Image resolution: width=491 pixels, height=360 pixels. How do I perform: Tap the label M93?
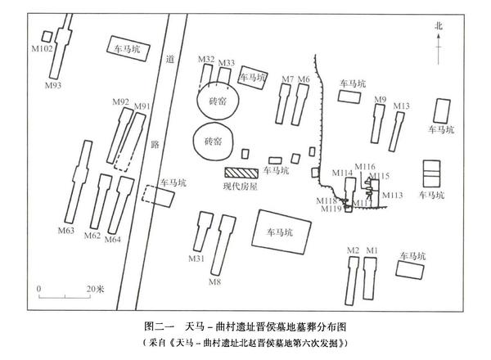pos(52,84)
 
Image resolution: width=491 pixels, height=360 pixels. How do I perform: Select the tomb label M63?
pos(65,232)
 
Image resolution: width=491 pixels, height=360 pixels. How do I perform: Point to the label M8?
pos(214,283)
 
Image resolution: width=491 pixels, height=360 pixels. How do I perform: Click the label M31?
pos(196,259)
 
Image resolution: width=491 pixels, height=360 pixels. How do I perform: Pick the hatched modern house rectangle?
pos(241,173)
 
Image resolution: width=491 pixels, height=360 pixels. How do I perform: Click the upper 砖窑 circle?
pos(216,102)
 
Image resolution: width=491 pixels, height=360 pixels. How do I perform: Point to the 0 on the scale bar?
pos(38,290)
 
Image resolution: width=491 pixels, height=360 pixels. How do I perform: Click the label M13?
pos(401,106)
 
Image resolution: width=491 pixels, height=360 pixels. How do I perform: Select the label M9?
pos(380,100)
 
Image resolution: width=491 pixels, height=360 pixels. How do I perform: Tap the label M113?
pos(393,196)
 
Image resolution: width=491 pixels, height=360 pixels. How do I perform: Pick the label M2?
pos(354,250)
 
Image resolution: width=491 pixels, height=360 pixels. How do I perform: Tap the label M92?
pos(119,102)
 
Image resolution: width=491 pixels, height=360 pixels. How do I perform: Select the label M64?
pos(113,239)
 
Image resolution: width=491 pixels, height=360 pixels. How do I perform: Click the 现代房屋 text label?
pos(241,187)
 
